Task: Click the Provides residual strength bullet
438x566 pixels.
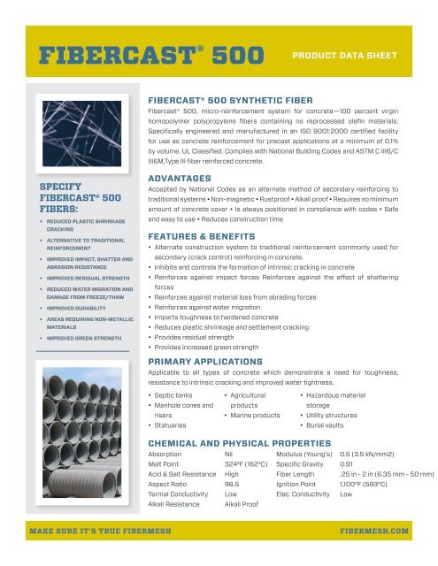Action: point(208,338)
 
